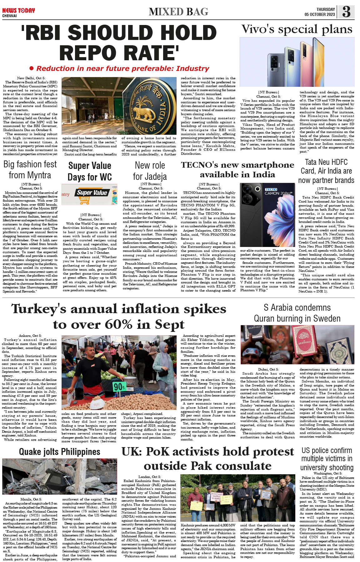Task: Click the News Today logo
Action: pyautogui.click(x=18, y=11)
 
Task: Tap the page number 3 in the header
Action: pyautogui.click(x=346, y=12)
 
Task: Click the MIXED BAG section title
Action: pyautogui.click(x=178, y=12)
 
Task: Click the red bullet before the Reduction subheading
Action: pyautogui.click(x=31, y=68)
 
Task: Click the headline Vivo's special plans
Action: pyautogui.click(x=297, y=29)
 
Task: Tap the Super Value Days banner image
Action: pyautogui.click(x=89, y=194)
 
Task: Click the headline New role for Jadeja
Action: pyautogui.click(x=150, y=171)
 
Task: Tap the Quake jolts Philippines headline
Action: pyautogui.click(x=60, y=452)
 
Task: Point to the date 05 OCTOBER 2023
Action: pyautogui.click(x=320, y=15)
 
